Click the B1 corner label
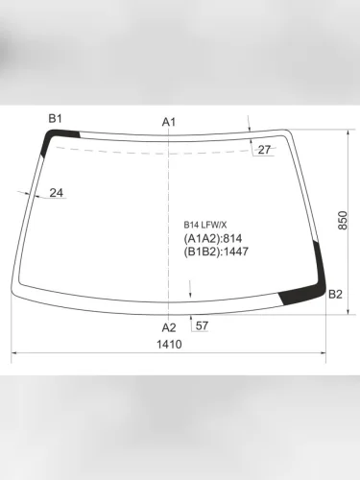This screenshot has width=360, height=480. (x=56, y=118)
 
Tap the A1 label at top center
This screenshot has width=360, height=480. (x=169, y=122)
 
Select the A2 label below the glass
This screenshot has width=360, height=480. (x=169, y=327)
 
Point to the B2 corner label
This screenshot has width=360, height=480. (x=335, y=294)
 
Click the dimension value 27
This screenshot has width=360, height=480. (x=264, y=150)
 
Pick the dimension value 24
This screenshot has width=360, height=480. (x=56, y=193)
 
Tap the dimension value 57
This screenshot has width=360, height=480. (x=202, y=326)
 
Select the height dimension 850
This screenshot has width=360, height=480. (x=343, y=221)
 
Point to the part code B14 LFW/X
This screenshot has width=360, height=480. (x=206, y=226)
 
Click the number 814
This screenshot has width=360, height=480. (x=232, y=239)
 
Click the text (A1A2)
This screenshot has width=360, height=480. (x=203, y=239)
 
